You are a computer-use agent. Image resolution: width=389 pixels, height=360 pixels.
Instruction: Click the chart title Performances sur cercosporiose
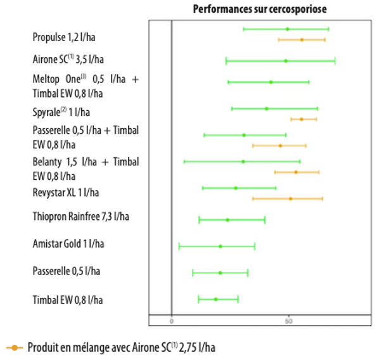(x=259, y=10)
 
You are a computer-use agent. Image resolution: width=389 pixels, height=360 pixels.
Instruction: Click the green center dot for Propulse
(x=287, y=29)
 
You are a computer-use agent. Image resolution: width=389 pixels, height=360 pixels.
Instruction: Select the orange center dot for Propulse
(x=302, y=40)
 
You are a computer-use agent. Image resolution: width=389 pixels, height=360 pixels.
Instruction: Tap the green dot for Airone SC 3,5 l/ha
(x=286, y=61)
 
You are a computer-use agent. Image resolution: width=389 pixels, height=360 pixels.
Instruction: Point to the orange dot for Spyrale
(x=301, y=119)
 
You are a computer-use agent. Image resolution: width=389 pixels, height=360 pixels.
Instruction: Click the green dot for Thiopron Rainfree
(x=227, y=220)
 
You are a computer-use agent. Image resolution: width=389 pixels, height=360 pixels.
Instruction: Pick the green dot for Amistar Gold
(x=220, y=247)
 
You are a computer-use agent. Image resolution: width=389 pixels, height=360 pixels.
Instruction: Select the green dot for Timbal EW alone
(x=215, y=299)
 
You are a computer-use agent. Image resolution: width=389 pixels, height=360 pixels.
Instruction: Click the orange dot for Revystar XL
(x=291, y=199)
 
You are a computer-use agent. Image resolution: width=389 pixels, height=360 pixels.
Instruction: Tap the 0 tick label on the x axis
(x=172, y=321)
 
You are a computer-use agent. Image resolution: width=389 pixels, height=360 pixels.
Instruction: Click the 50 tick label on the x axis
(x=288, y=321)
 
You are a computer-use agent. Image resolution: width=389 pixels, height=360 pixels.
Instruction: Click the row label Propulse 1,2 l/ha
(x=67, y=37)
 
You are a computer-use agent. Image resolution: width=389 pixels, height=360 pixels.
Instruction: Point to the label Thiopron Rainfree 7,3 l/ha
(x=81, y=217)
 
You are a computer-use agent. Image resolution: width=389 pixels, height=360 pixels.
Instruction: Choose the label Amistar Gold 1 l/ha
(x=68, y=243)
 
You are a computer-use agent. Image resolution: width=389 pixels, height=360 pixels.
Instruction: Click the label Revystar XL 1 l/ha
(x=66, y=191)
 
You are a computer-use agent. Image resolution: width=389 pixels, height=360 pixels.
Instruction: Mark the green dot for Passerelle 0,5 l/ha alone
(x=220, y=273)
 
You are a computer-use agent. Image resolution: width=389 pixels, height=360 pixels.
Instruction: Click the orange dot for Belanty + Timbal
(x=295, y=172)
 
